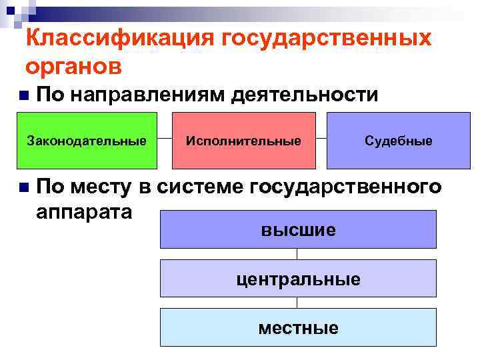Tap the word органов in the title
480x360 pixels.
74,67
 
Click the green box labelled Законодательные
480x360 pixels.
86,141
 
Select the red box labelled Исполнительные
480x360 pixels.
243,141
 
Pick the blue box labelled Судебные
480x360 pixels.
398,141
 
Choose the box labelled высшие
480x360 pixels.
298,230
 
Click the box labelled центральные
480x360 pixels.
298,278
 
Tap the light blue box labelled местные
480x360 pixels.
298,327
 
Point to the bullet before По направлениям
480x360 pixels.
24,96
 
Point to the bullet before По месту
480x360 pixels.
24,187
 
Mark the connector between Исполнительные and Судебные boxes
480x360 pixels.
321,140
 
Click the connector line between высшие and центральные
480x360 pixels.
297,253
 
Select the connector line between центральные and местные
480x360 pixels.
297,303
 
